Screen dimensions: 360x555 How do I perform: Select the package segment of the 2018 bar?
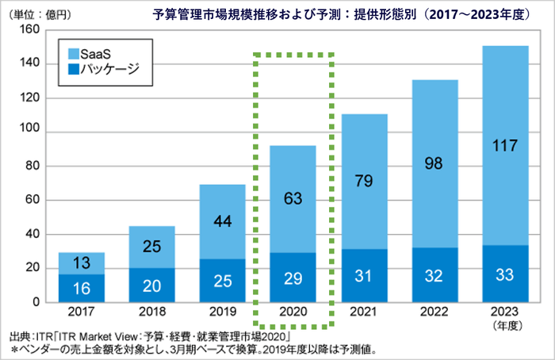[x=152, y=285]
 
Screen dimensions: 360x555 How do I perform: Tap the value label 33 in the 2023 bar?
[x=504, y=274]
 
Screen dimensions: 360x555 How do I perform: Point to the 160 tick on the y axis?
[x=29, y=30]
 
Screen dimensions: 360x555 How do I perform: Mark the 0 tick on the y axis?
[x=36, y=302]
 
